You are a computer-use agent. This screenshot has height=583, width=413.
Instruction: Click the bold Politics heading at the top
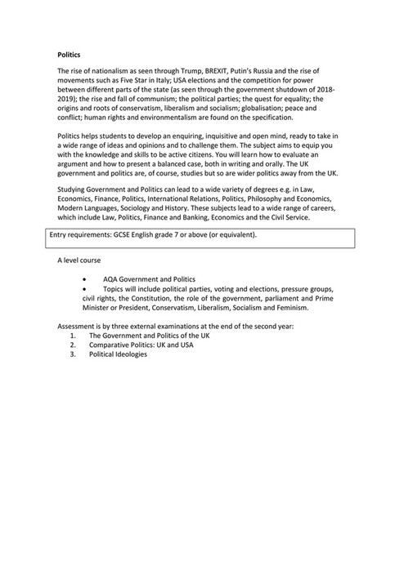68,55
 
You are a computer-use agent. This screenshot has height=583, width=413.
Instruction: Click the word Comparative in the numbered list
110,345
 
